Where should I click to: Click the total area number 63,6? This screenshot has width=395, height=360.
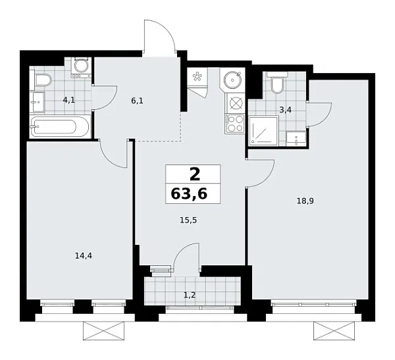click(193, 196)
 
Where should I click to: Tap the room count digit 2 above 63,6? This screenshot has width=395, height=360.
click(194, 174)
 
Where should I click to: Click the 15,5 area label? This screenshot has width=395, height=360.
click(188, 221)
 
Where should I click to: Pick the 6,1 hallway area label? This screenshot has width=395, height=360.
click(137, 101)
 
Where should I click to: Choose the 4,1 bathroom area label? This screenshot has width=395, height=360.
click(68, 101)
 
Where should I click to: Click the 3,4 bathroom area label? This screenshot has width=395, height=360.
click(285, 110)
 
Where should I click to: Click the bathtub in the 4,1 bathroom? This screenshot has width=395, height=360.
click(61, 126)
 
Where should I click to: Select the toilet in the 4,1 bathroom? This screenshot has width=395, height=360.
click(42, 81)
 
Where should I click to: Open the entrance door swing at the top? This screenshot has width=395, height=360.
click(160, 38)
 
